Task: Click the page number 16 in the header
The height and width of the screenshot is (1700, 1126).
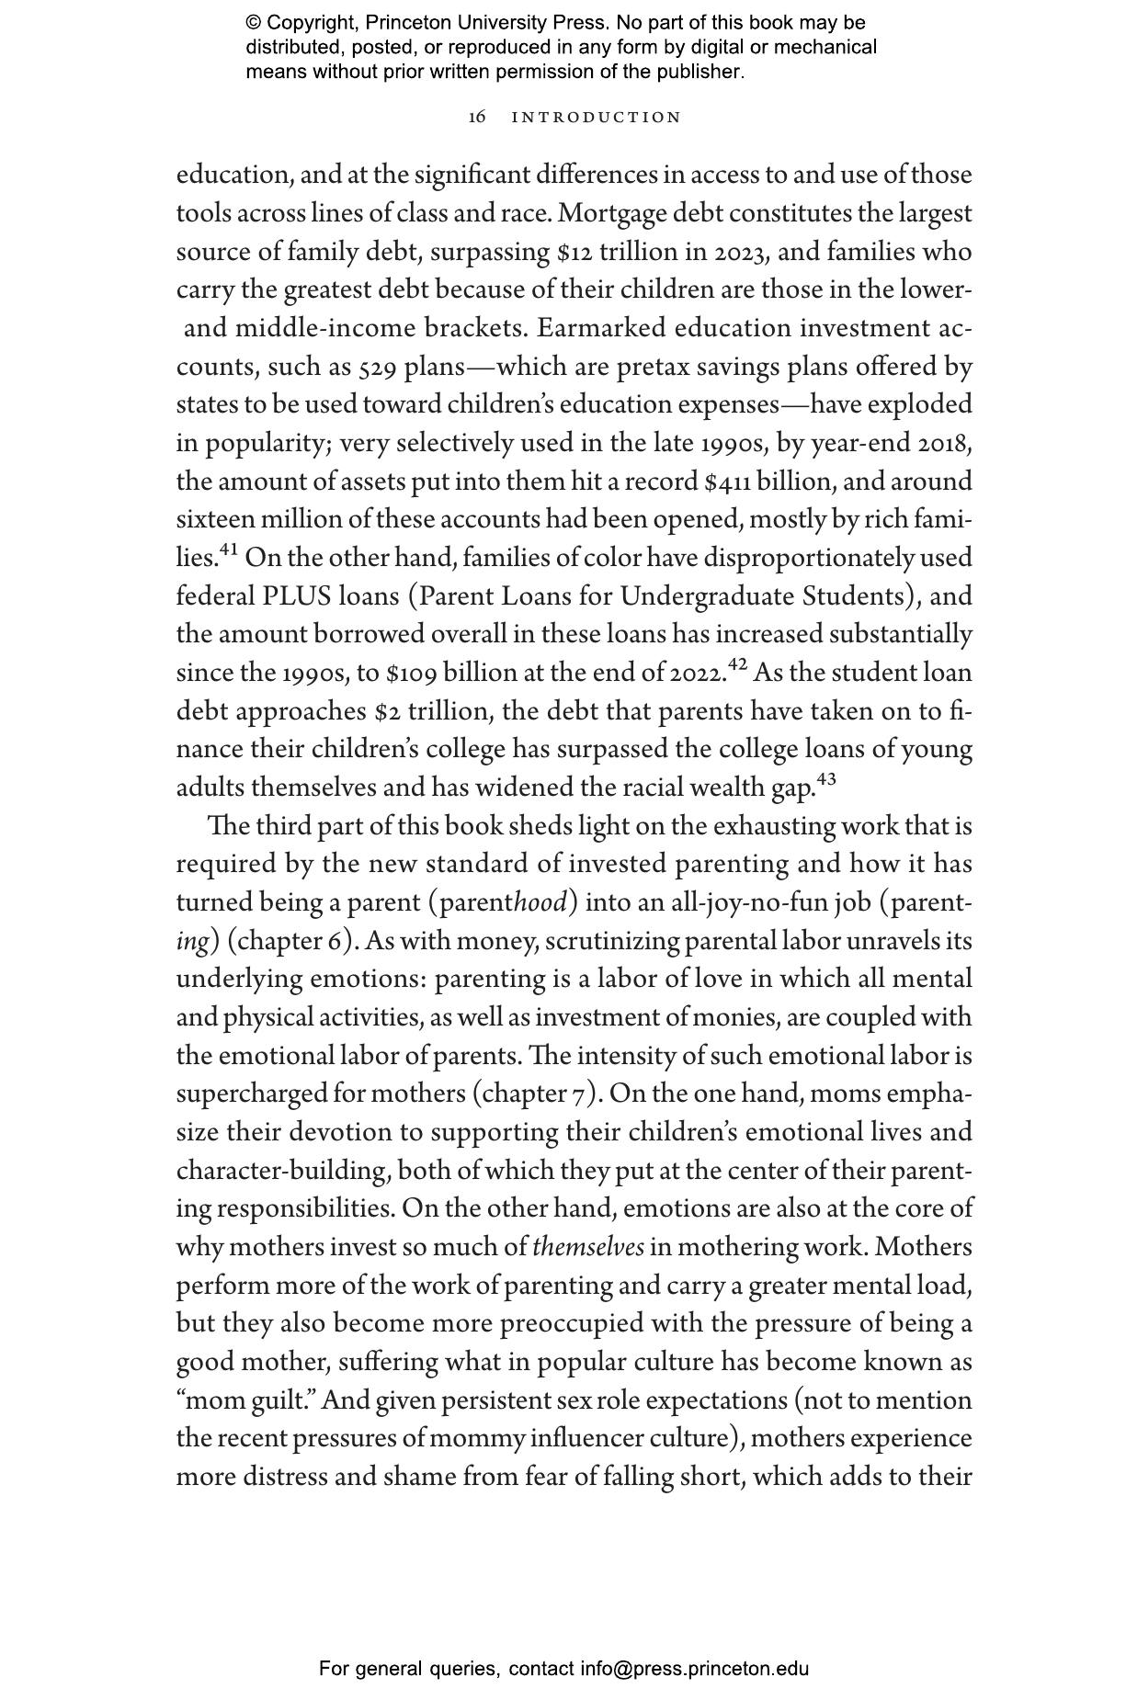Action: (477, 118)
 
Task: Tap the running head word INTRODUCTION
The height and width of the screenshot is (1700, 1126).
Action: (597, 118)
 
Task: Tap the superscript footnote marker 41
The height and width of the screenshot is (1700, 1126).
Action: (229, 550)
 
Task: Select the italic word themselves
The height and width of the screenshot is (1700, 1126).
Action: (588, 1247)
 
